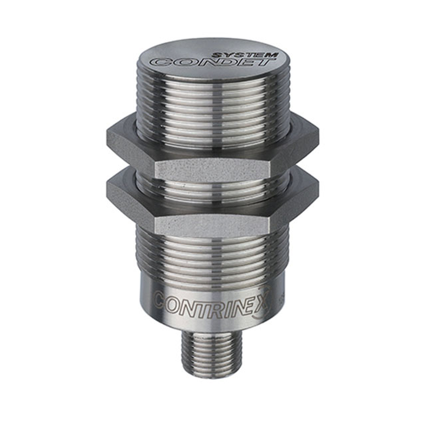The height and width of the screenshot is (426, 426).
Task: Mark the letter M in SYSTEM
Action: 272,55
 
